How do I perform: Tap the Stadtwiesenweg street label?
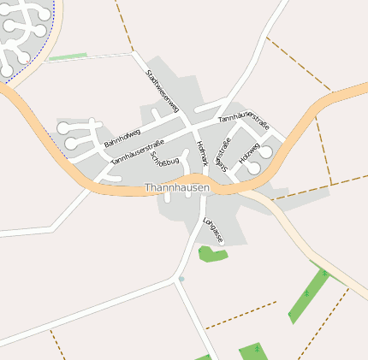click(162, 91)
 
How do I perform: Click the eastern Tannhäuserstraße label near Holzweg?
click(244, 124)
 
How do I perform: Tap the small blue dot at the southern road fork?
click(181, 279)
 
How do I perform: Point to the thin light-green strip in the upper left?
click(68, 57)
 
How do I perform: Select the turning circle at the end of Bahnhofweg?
click(63, 128)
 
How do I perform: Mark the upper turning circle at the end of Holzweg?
click(266, 151)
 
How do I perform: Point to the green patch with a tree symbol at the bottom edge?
click(254, 351)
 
